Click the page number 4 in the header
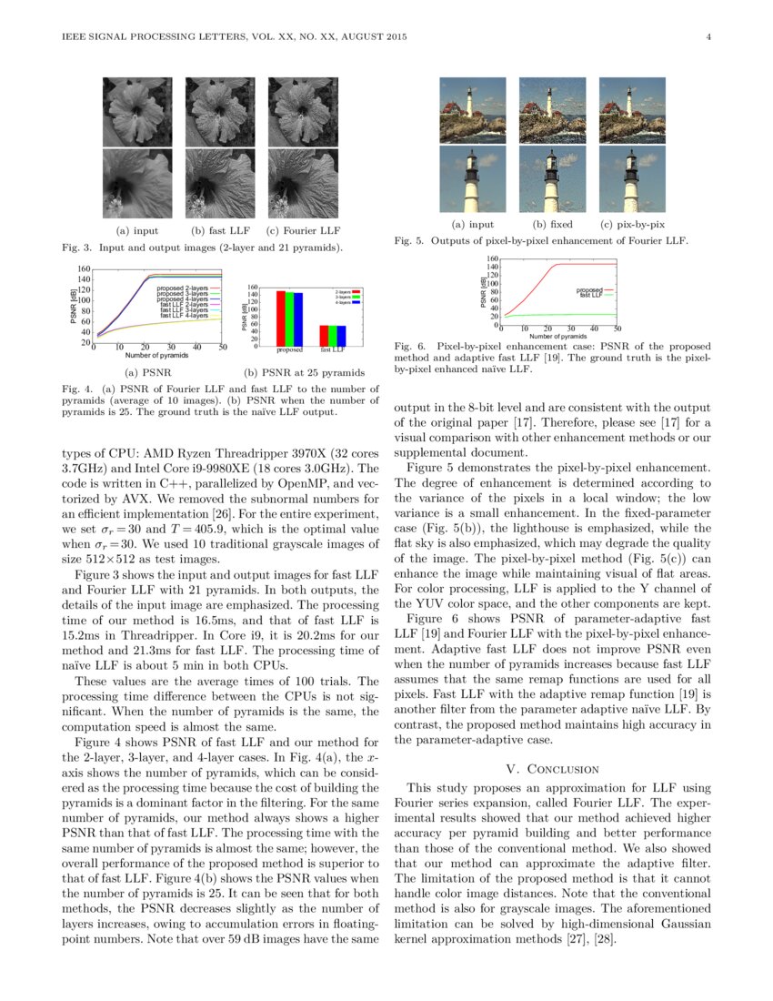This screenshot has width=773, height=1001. (x=707, y=37)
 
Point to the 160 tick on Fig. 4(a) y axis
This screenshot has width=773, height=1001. (x=84, y=270)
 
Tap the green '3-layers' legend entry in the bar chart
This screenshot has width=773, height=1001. (x=346, y=297)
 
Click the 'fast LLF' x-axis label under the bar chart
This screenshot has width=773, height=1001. (x=333, y=349)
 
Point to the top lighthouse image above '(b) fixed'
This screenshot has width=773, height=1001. (x=552, y=109)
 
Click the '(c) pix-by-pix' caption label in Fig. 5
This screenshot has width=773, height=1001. (x=632, y=224)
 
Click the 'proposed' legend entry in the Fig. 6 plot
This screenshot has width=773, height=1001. (x=590, y=289)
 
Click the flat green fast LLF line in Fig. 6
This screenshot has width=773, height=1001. (x=564, y=314)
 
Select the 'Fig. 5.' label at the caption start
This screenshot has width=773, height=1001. (x=409, y=241)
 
